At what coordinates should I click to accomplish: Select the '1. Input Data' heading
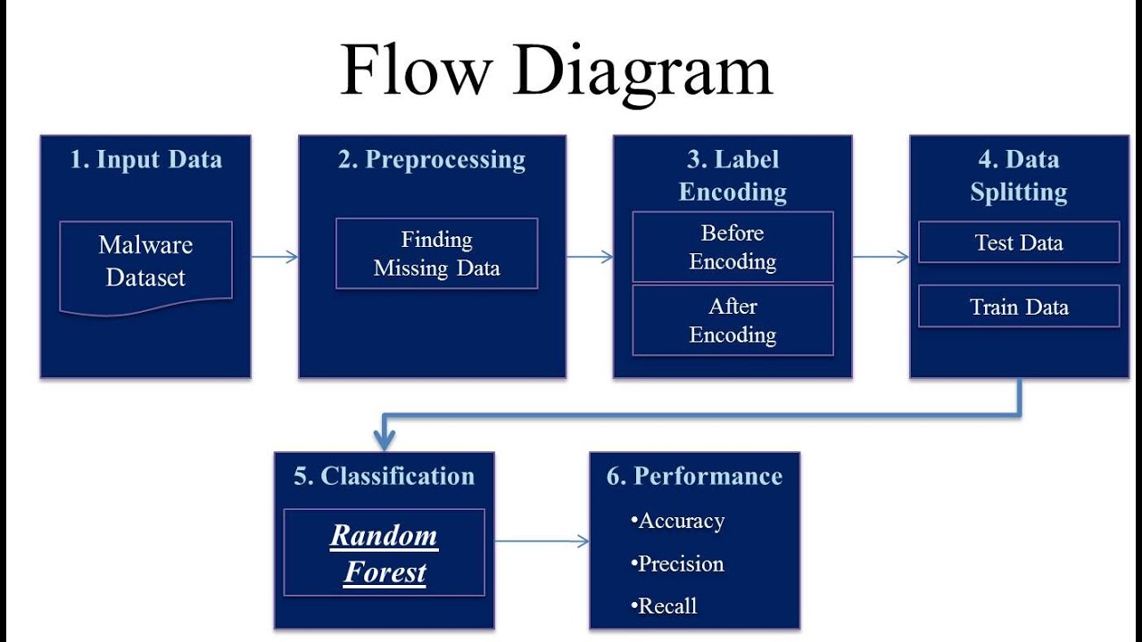(x=145, y=160)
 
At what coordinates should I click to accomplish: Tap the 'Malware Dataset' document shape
(x=145, y=262)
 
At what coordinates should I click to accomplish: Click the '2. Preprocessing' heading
(x=432, y=160)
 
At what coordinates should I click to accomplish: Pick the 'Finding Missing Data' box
(x=436, y=254)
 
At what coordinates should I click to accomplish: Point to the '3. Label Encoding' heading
(x=732, y=176)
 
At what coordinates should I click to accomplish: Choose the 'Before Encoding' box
(x=732, y=247)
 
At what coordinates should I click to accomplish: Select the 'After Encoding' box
(x=732, y=320)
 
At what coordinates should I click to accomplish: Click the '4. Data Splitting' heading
(x=1019, y=176)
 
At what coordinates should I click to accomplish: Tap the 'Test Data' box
(x=1019, y=243)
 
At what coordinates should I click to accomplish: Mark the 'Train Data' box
(x=1019, y=307)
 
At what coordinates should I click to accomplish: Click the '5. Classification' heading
(x=384, y=476)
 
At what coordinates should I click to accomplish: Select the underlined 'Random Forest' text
(x=385, y=554)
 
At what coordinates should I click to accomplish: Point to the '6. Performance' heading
(x=694, y=476)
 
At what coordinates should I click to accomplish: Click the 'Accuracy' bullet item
(x=680, y=521)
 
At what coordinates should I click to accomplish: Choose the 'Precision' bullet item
(x=680, y=564)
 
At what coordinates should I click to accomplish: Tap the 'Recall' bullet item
(x=666, y=606)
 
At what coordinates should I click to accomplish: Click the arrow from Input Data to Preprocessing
(x=274, y=257)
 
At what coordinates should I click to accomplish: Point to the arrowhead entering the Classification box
(x=385, y=440)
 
